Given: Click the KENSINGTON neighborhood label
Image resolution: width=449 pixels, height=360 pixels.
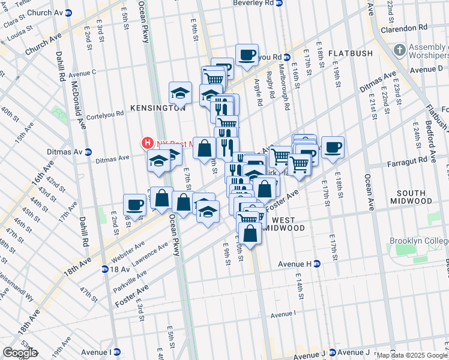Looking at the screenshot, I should [x=158, y=108].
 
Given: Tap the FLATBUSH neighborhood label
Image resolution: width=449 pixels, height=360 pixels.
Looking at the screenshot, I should [x=351, y=53].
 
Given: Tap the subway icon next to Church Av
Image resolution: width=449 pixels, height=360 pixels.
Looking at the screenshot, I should [x=68, y=12].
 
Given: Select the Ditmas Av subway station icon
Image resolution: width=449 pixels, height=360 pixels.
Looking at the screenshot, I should [x=88, y=152].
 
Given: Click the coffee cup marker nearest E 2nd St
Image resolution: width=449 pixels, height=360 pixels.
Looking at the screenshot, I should [x=134, y=205].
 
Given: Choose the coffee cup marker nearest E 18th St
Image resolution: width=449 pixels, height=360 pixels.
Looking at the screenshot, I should [x=333, y=146].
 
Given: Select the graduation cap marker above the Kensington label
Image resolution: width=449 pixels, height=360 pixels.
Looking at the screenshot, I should [x=180, y=92].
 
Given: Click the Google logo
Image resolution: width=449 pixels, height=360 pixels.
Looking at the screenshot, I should [x=20, y=353].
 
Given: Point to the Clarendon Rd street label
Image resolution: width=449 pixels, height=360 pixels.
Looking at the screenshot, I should [x=407, y=28].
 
